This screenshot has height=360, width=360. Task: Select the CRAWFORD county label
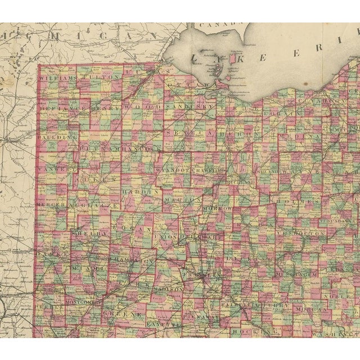click(x=208, y=169)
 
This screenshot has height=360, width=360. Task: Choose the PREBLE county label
click(x=49, y=308)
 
